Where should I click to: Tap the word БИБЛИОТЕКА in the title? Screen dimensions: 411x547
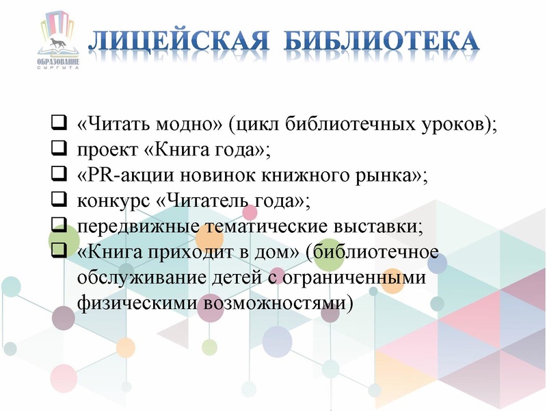(381, 42)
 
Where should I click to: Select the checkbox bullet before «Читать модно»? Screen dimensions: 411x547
(59, 125)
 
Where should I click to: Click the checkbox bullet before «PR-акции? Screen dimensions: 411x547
(59, 175)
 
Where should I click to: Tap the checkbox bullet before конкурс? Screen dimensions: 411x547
(59, 201)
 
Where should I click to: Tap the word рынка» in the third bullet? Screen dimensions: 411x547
(392, 176)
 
